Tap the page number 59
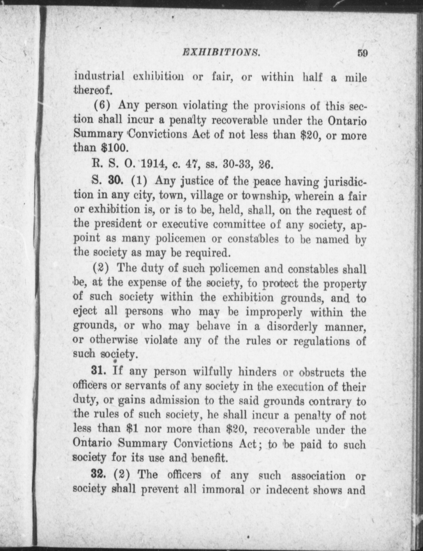(x=362, y=53)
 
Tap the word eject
(x=85, y=312)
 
